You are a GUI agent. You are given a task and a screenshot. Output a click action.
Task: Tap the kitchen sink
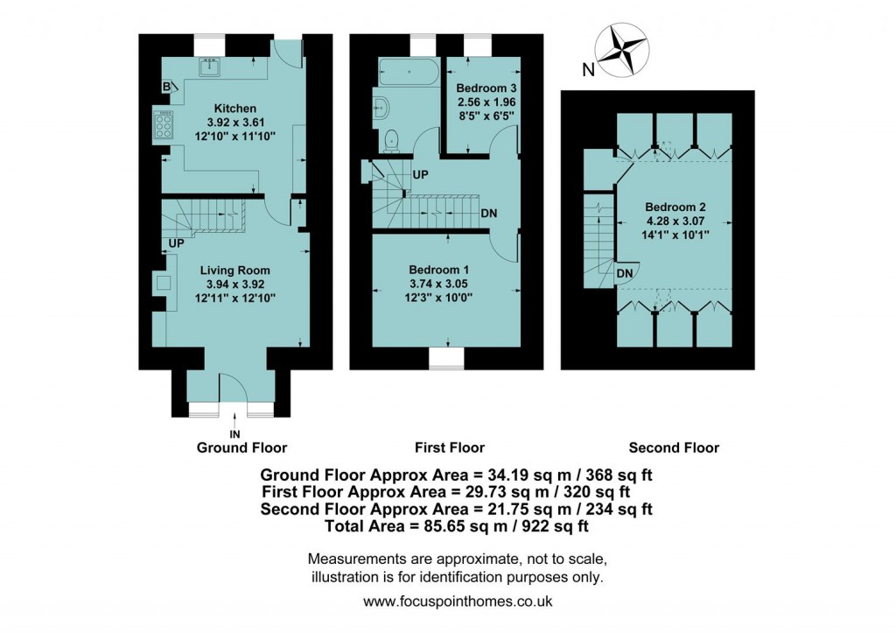[x=211, y=66]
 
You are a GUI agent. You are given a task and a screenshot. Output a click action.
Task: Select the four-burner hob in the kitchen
[x=164, y=128]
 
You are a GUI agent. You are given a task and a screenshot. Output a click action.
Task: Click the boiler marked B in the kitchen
[x=166, y=86]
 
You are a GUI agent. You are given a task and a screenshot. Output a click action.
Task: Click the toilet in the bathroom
[x=393, y=137]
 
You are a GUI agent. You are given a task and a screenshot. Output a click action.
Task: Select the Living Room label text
[x=234, y=271]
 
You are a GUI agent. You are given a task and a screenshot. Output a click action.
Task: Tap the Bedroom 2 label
[x=675, y=207]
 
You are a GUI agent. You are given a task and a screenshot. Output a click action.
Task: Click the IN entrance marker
[x=234, y=433]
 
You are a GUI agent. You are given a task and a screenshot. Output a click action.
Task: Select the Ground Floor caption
[x=241, y=447]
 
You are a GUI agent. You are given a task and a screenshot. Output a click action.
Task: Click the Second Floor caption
[x=674, y=447]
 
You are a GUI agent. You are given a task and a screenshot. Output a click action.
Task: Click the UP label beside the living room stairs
[x=176, y=242]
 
